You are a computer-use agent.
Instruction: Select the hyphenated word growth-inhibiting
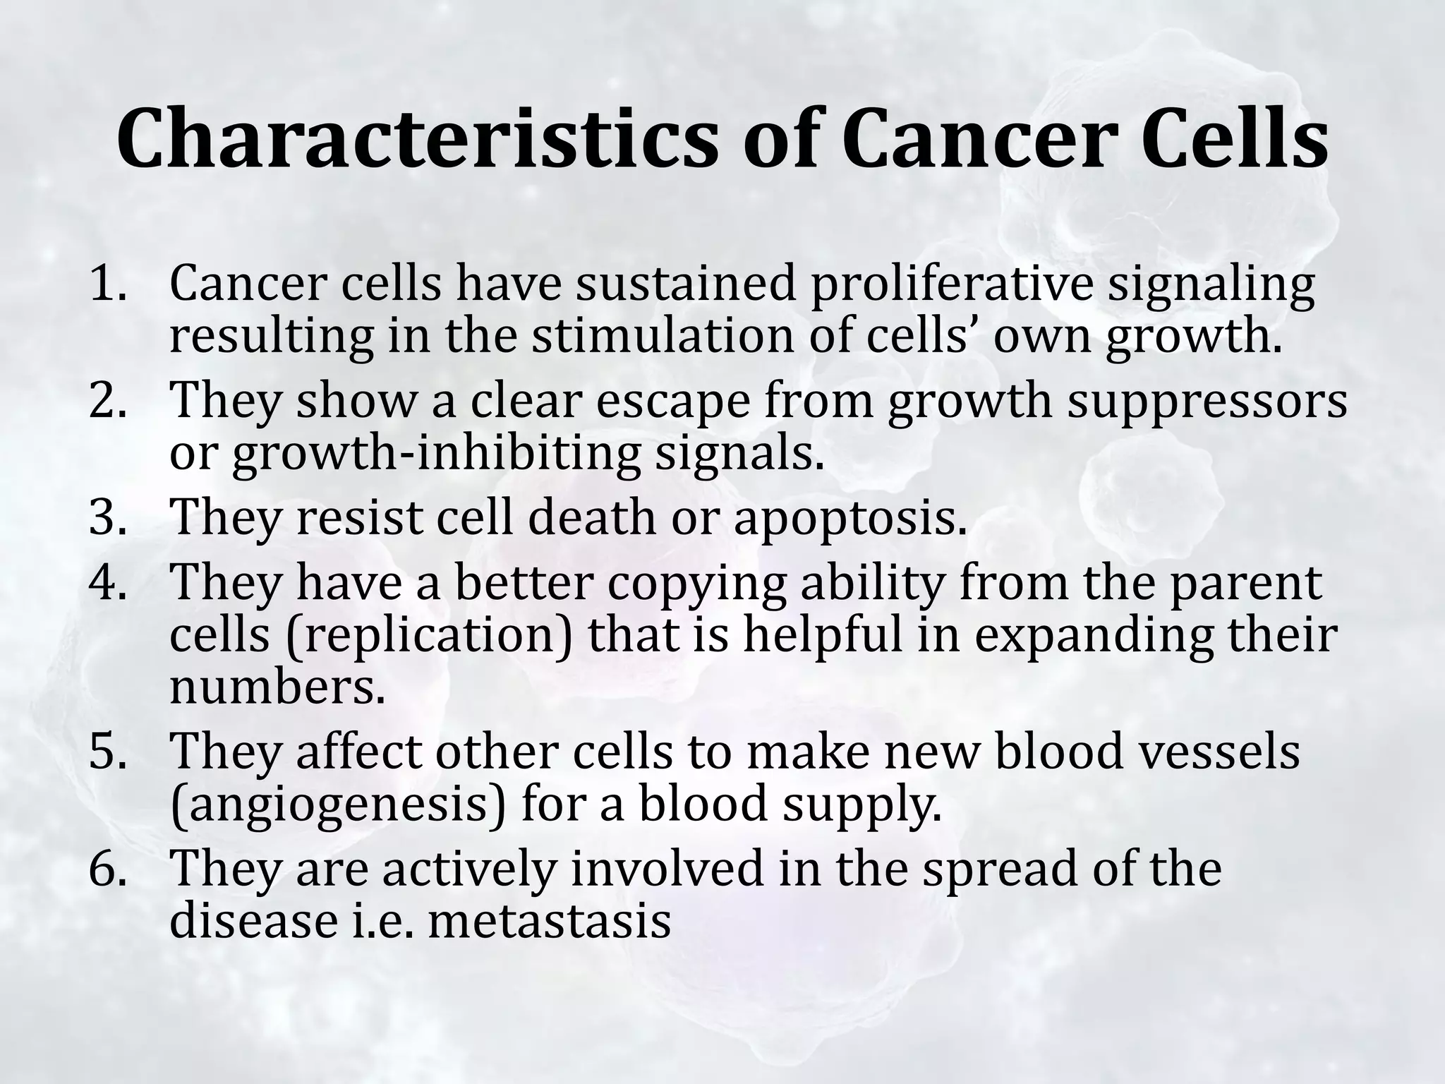coord(437,453)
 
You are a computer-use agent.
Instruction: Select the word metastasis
coord(548,920)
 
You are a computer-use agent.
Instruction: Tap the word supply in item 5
coord(861,805)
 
